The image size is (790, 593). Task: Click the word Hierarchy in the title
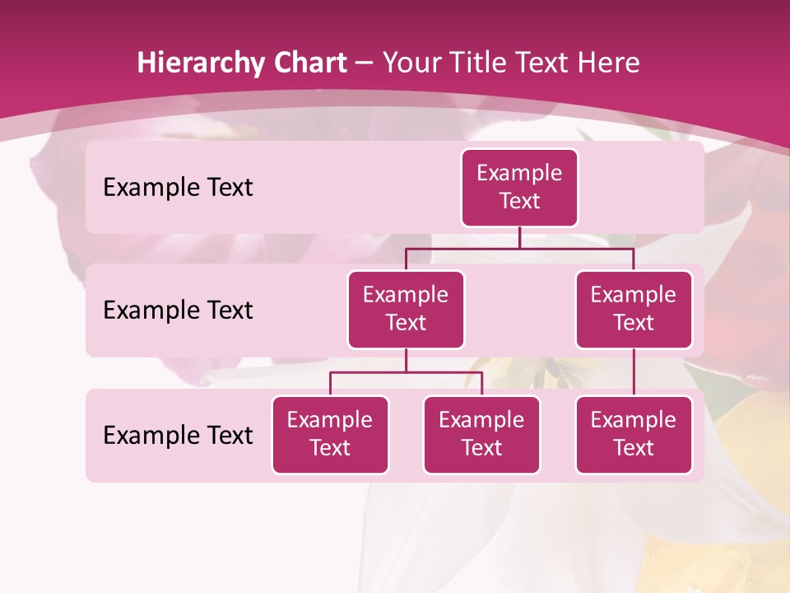coord(201,63)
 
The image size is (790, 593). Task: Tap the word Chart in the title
coord(309,63)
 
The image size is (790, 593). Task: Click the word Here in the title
coord(606,63)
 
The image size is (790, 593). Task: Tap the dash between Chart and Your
coord(365,63)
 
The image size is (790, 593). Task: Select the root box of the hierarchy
coord(519,188)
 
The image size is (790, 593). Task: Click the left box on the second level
coord(406,310)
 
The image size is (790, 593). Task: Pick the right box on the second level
coord(634,310)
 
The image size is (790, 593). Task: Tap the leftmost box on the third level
coord(330,435)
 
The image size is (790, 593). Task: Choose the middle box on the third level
coord(481,435)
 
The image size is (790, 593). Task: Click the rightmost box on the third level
coord(634,435)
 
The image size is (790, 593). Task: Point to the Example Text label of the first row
coord(178,188)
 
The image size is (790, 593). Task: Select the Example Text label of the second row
coord(178,311)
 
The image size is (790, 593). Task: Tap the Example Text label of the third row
coord(178,435)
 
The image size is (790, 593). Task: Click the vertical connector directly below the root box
coord(519,237)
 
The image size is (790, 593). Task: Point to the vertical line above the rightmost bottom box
coord(634,372)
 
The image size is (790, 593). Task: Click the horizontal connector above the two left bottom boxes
coord(406,372)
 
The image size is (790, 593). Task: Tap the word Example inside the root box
coord(519,173)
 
